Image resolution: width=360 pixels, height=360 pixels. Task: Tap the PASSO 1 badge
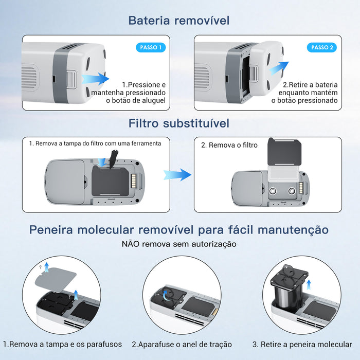click(x=151, y=47)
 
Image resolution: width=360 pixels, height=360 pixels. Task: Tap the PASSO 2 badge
click(x=322, y=47)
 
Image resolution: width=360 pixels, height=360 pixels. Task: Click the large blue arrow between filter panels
click(x=177, y=174)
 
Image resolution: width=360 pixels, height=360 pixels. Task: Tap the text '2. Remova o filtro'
click(x=229, y=146)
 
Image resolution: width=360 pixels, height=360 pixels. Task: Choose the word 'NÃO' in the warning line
click(x=131, y=244)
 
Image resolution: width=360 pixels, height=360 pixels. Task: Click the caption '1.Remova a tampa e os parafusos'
click(x=62, y=344)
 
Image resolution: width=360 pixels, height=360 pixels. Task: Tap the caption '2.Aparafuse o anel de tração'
click(x=182, y=344)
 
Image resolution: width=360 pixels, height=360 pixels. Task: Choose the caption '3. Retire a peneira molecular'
click(x=302, y=344)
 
